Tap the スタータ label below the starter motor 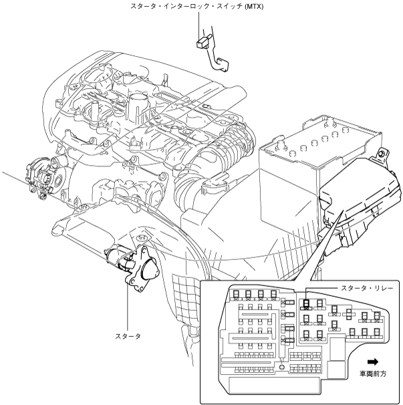(x=128, y=335)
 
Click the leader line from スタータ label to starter (x=128, y=307)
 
